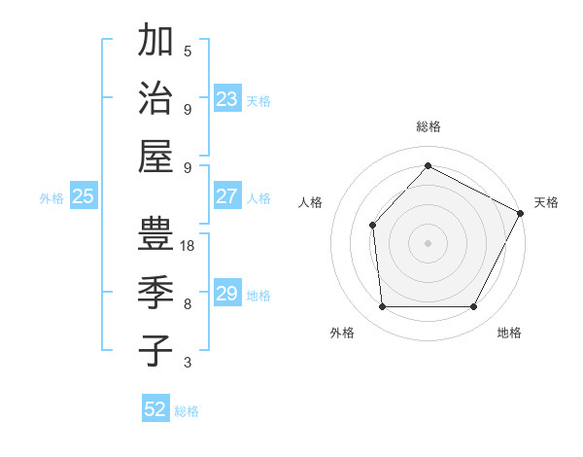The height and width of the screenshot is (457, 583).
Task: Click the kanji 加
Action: tap(155, 42)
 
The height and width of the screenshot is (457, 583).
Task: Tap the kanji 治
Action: tap(155, 98)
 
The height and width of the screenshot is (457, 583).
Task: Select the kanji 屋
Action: tap(155, 156)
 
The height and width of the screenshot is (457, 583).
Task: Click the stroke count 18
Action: tap(189, 247)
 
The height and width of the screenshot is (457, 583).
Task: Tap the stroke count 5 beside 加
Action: tap(188, 52)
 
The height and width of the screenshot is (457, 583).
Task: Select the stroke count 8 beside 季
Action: tap(188, 304)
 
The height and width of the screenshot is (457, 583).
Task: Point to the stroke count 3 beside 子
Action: tap(188, 363)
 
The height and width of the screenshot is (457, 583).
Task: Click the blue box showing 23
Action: tap(227, 98)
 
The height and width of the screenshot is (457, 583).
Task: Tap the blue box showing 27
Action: tap(227, 196)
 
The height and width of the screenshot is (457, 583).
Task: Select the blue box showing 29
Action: tap(227, 294)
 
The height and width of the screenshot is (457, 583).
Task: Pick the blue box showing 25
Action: tap(84, 196)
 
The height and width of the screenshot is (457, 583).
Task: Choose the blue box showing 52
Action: tap(155, 409)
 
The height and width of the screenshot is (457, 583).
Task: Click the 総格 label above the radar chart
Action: tap(429, 127)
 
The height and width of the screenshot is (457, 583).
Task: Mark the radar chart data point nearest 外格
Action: tap(382, 307)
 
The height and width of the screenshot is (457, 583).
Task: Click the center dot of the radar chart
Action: tap(428, 242)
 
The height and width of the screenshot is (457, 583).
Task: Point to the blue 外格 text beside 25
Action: tap(51, 198)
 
